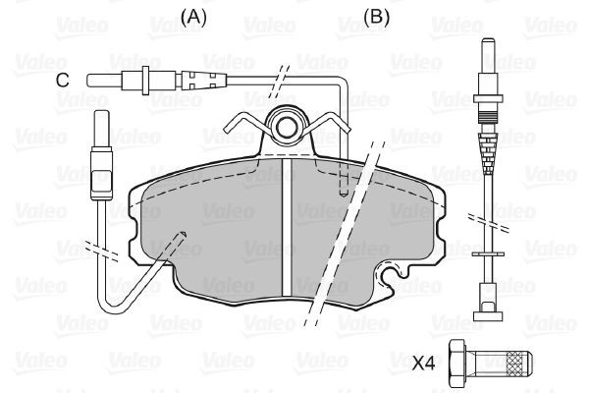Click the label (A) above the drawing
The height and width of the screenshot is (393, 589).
coord(194,16)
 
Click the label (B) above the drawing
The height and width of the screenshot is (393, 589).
coord(375,16)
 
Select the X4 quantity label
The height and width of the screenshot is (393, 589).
coord(423,363)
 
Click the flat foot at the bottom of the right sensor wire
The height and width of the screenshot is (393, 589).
coord(487,314)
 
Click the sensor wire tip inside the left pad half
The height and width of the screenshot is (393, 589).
coord(180,234)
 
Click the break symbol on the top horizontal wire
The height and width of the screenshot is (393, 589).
coord(281,78)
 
